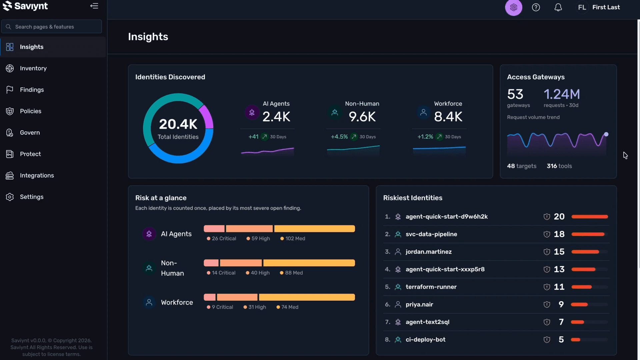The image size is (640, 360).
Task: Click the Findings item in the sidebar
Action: [x=32, y=90]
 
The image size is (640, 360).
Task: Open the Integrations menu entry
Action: [x=37, y=175]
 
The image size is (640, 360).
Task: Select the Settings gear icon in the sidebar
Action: [x=10, y=197]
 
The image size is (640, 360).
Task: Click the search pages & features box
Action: [x=52, y=27]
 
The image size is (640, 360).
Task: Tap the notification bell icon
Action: [x=558, y=7]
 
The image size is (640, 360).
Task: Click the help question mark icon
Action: [x=536, y=7]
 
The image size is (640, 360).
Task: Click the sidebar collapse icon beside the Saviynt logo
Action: [x=94, y=6]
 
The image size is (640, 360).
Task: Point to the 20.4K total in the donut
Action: [x=178, y=124]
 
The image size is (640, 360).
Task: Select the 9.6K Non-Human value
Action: [x=362, y=117]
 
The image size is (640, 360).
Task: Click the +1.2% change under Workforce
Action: [x=425, y=137]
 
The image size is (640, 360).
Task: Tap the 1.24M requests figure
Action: [x=562, y=94]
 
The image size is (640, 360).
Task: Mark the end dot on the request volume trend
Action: [x=606, y=134]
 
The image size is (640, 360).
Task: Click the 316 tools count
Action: [x=559, y=166]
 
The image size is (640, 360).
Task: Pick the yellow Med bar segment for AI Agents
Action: [x=314, y=229]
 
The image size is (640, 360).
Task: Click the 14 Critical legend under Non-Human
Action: [x=221, y=273]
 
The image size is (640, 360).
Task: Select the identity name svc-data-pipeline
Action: [x=431, y=234]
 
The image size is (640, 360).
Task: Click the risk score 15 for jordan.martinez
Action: [x=559, y=252]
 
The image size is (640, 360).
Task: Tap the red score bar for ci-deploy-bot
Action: [x=576, y=340]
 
